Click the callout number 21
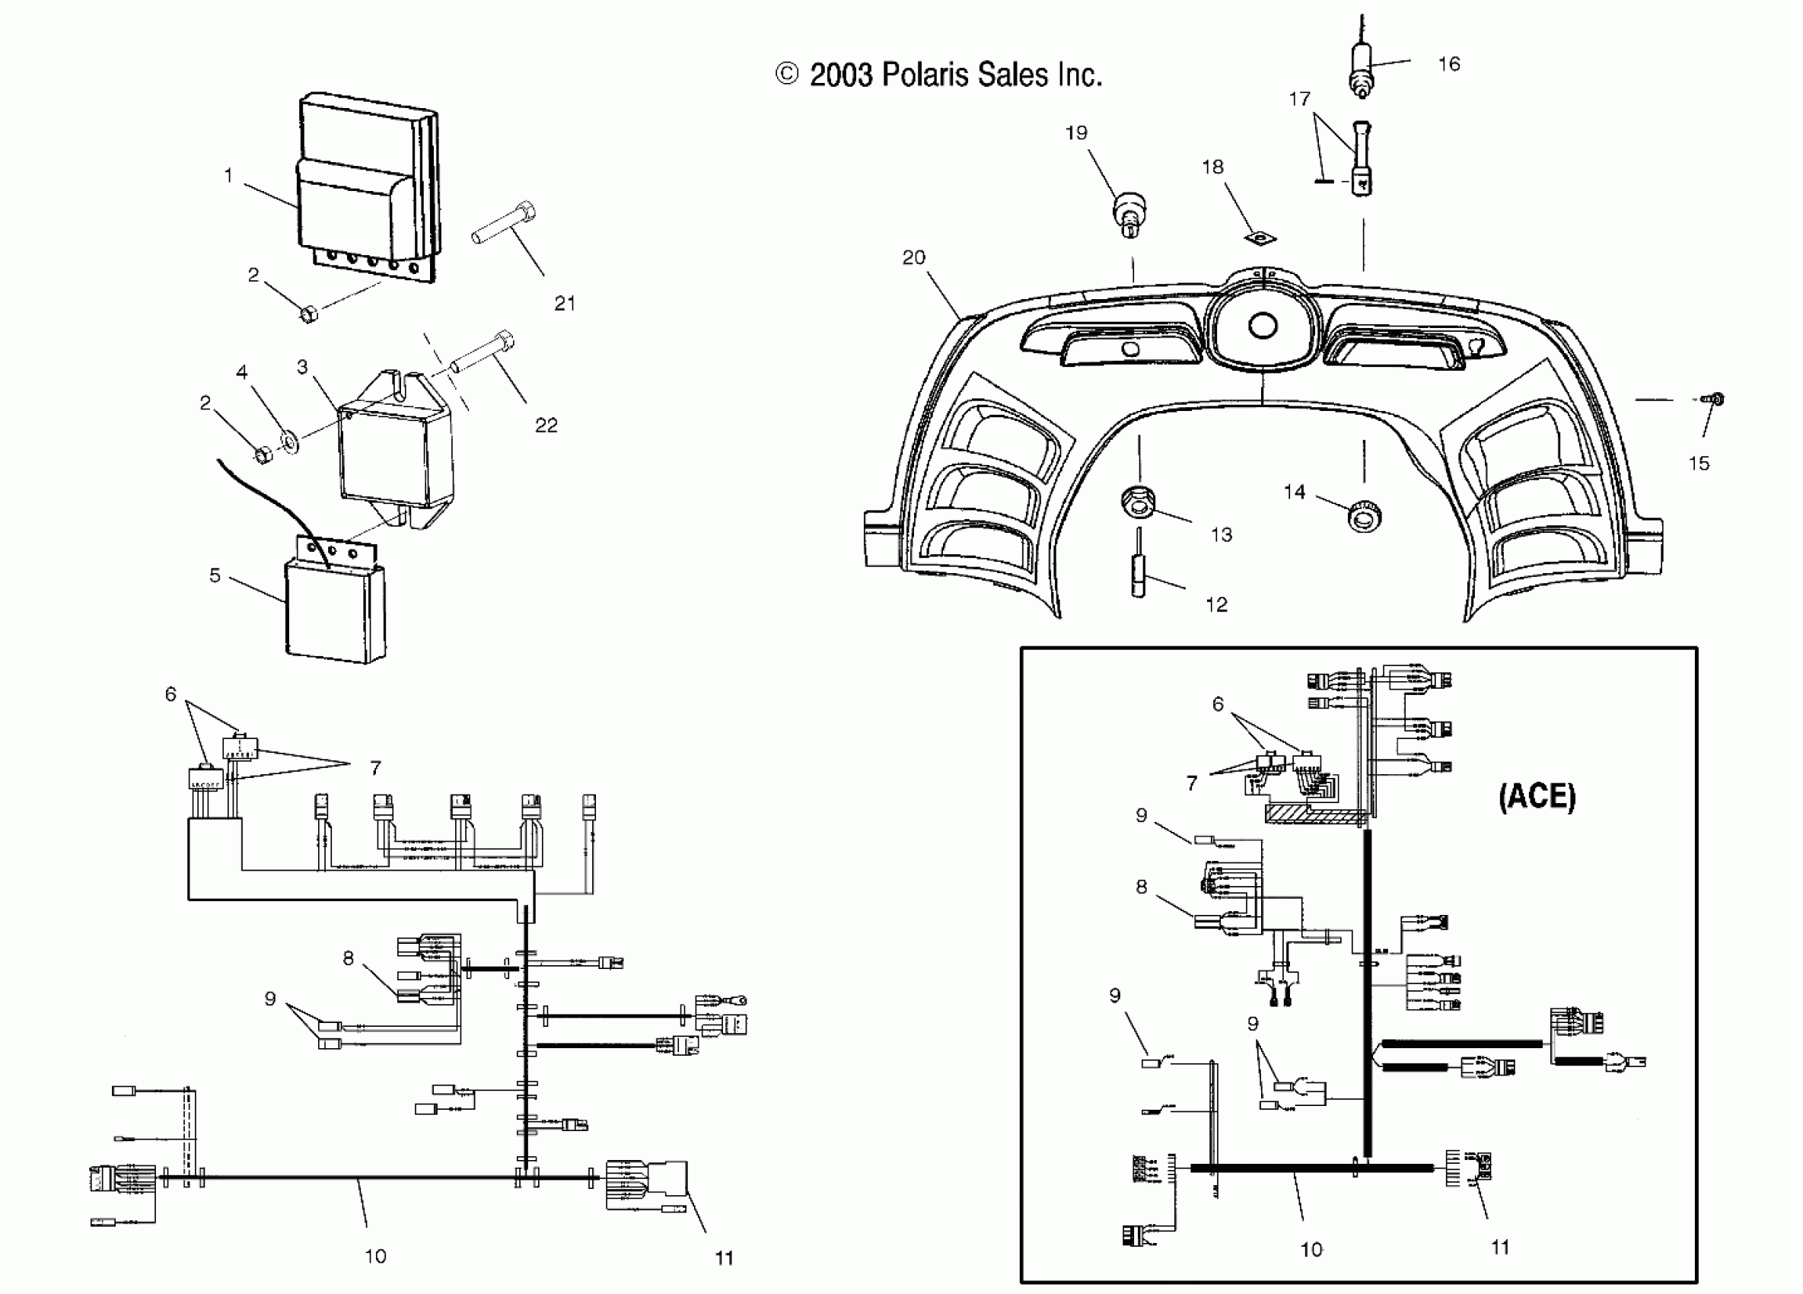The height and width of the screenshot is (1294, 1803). (x=565, y=303)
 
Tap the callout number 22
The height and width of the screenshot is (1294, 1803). (x=546, y=425)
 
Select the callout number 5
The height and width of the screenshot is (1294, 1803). (x=215, y=575)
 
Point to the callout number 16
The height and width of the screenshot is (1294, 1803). (x=1449, y=65)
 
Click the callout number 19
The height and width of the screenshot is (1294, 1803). (x=1076, y=132)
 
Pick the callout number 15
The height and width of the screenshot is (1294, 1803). (x=1699, y=464)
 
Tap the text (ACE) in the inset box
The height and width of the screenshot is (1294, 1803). (x=1536, y=796)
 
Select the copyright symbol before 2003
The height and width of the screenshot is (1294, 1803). (x=786, y=75)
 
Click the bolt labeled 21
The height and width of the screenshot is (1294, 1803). (x=504, y=223)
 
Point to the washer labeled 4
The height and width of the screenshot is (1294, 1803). (x=290, y=438)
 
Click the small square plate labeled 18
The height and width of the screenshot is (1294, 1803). (x=1261, y=237)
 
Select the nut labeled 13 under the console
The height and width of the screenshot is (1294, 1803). (x=1139, y=502)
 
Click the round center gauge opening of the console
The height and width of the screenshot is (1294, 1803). (x=1263, y=326)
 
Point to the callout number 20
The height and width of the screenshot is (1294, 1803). (x=913, y=257)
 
